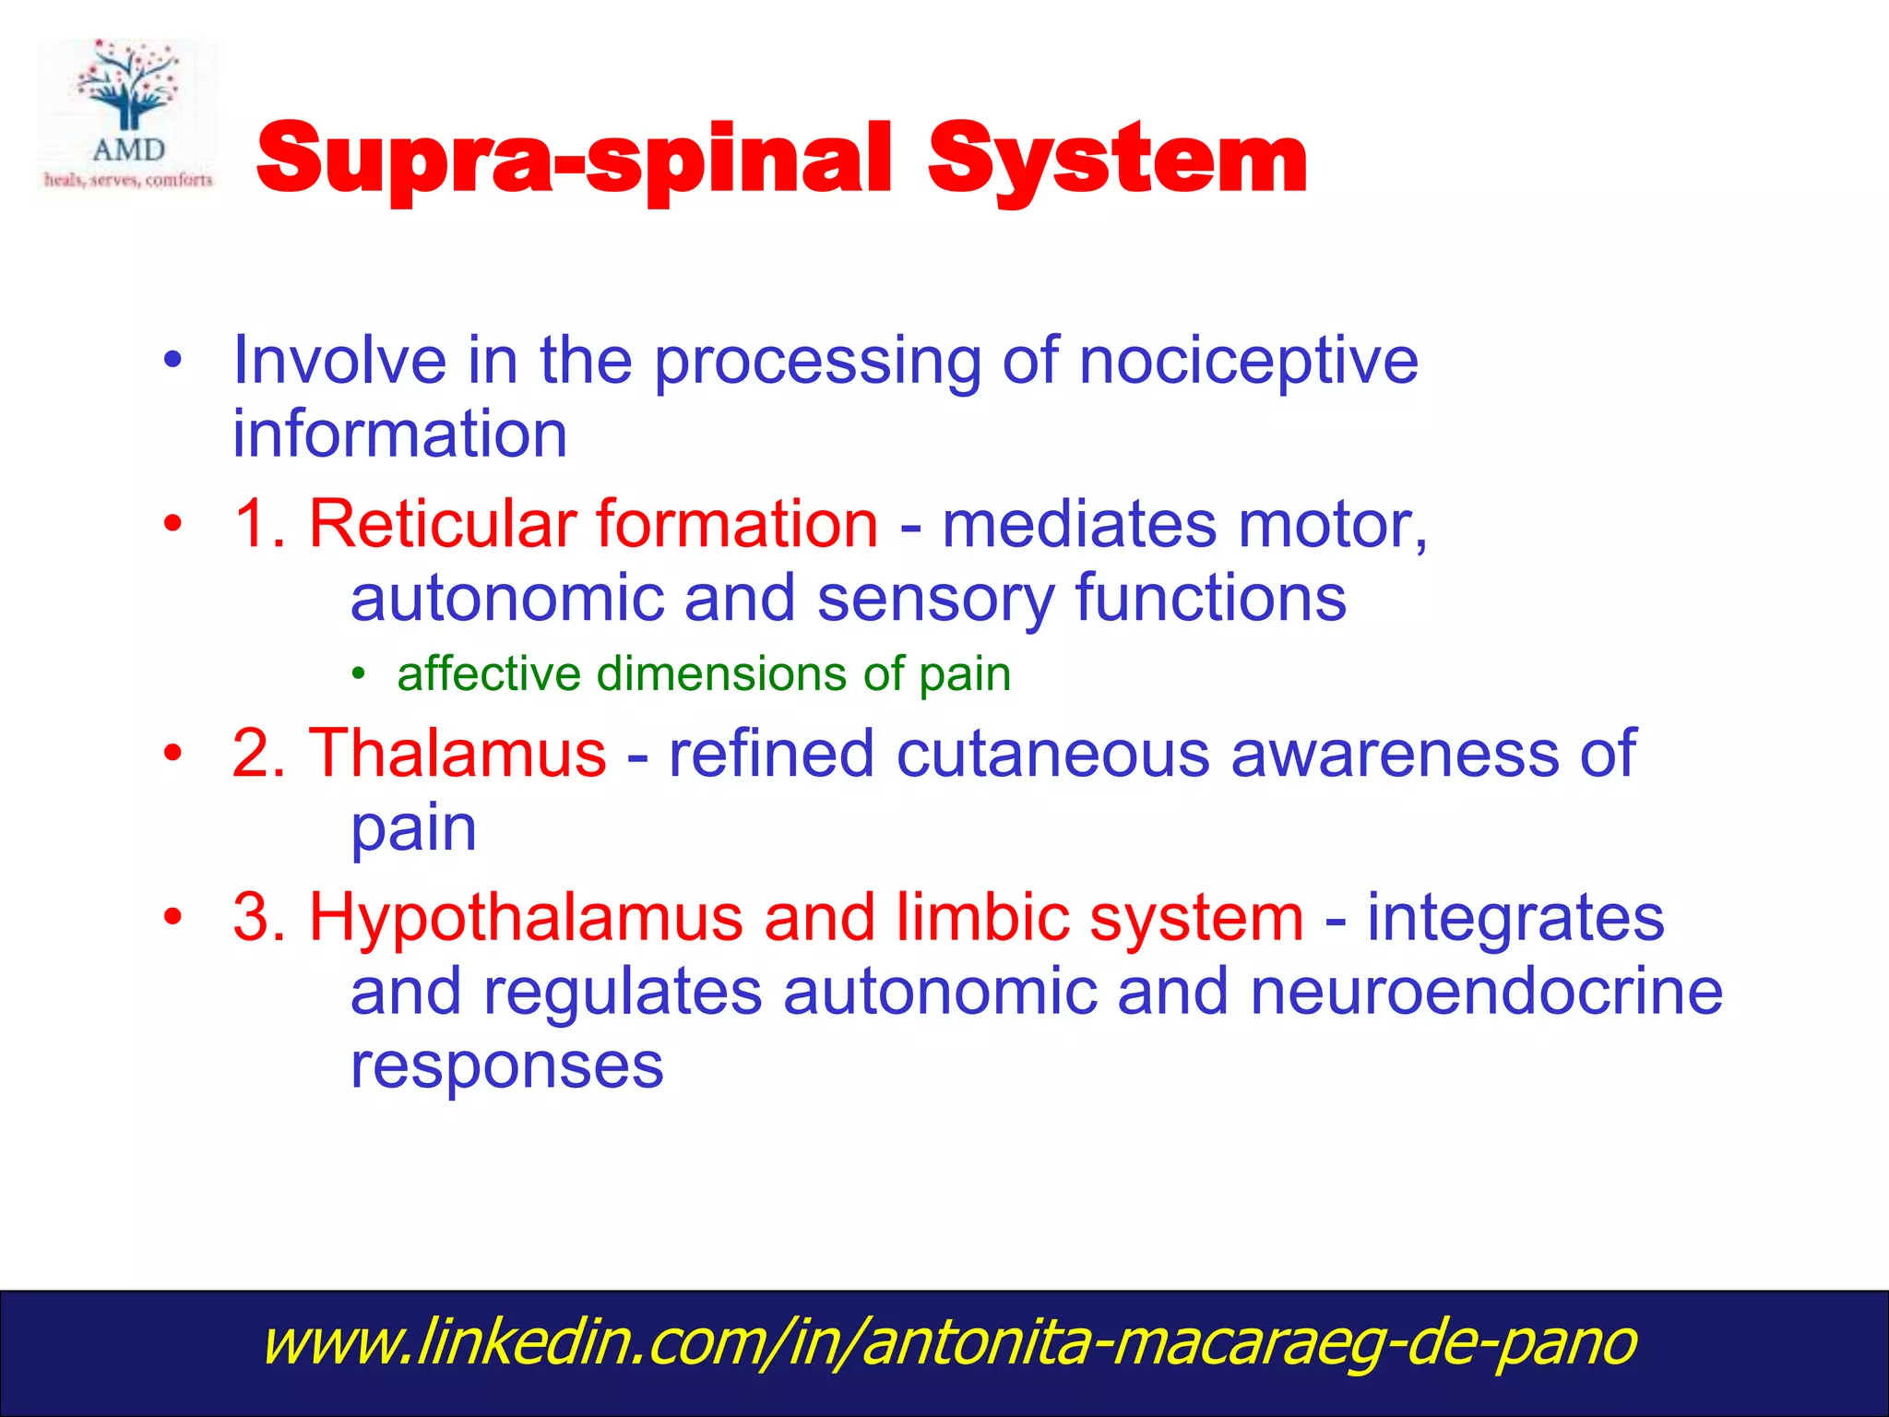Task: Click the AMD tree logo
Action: click(128, 113)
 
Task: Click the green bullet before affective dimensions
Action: click(359, 673)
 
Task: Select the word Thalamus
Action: click(457, 753)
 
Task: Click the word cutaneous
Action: click(1051, 753)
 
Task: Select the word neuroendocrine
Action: click(1486, 992)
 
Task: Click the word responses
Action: click(506, 1066)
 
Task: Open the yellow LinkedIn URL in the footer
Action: click(948, 1342)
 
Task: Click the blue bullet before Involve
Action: click(172, 361)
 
